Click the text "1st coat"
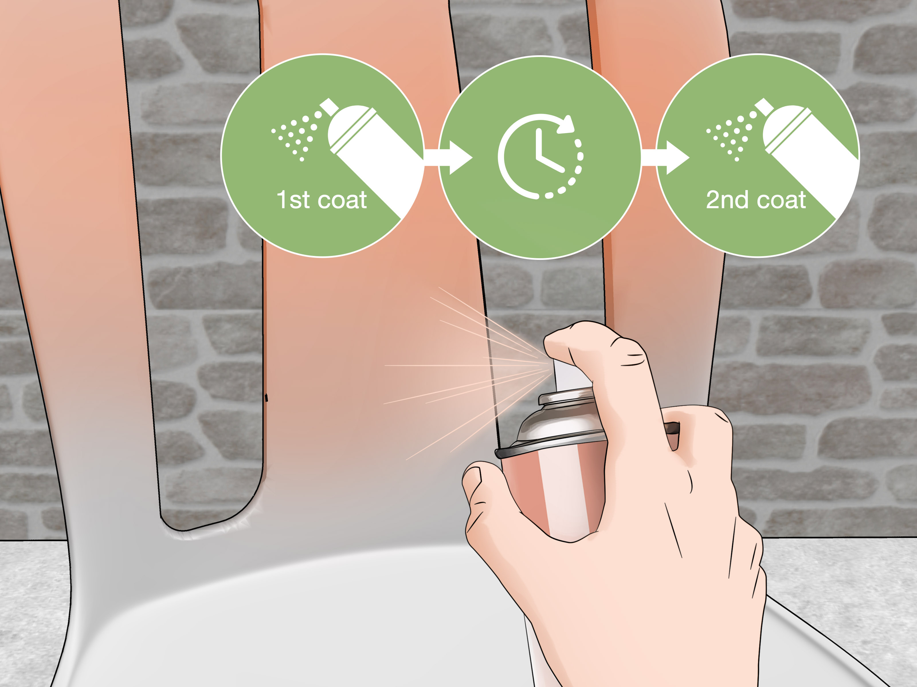322,200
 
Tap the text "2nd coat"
756,200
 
